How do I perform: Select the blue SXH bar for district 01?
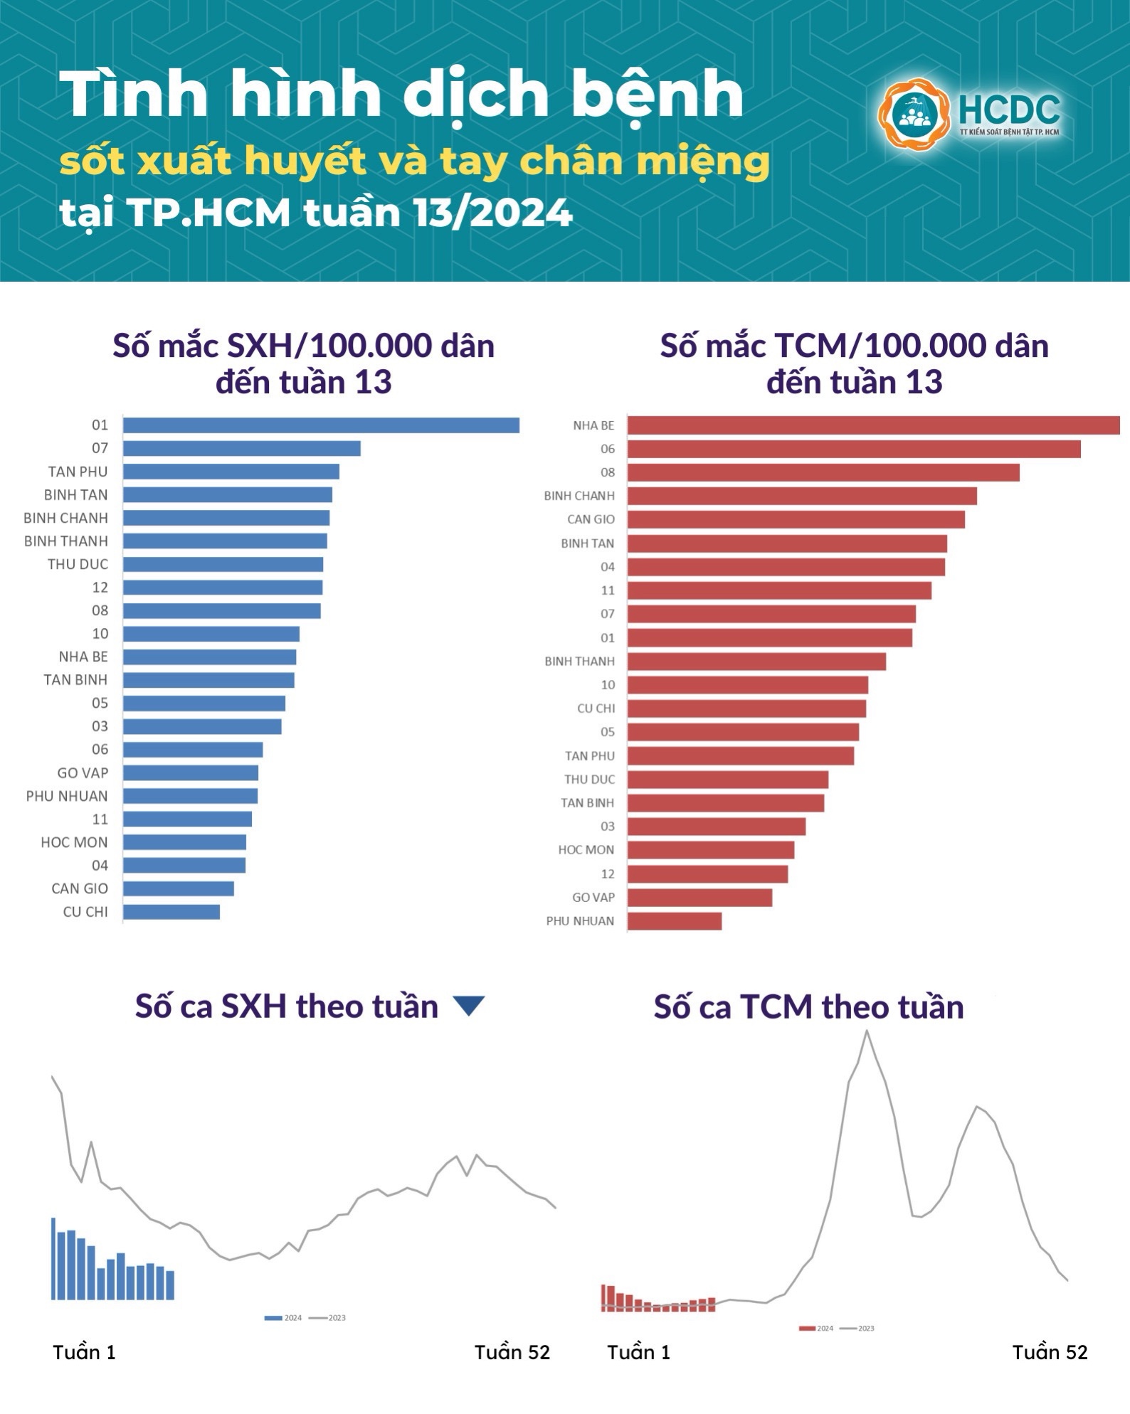(320, 425)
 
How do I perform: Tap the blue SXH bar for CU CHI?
(171, 912)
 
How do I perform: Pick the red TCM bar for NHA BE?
(873, 425)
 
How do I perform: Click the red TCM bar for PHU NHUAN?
(675, 921)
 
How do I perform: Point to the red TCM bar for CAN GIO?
(796, 519)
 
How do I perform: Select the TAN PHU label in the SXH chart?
(78, 472)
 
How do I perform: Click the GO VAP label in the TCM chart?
(593, 898)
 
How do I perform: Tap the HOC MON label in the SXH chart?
(74, 842)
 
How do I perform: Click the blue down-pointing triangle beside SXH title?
(469, 1006)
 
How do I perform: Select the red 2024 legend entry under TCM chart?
(815, 1328)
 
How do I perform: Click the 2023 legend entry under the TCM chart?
(857, 1328)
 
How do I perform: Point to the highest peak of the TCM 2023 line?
(867, 1031)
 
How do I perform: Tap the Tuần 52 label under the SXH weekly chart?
(512, 1352)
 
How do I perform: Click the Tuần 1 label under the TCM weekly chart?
(638, 1352)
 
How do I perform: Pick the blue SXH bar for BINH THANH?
(225, 541)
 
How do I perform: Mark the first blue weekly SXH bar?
(53, 1258)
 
